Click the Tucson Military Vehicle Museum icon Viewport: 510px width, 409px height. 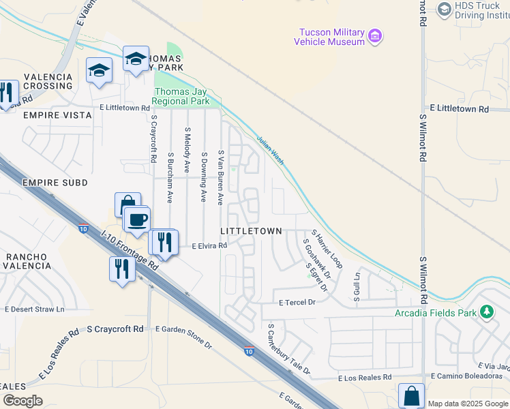(374, 35)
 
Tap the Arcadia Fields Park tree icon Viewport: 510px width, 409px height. (486, 312)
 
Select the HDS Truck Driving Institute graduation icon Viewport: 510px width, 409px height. (445, 8)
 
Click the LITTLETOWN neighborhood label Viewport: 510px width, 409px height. (251, 231)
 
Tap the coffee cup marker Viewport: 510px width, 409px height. (138, 219)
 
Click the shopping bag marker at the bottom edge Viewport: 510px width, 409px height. (412, 395)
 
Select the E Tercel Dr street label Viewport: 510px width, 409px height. (297, 302)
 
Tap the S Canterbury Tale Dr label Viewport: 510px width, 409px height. (288, 349)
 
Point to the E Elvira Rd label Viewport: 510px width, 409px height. (209, 246)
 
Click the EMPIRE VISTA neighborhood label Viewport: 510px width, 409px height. (57, 115)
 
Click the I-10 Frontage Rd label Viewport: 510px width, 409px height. (129, 250)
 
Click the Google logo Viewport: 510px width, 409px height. (22, 401)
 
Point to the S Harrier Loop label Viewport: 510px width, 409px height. (327, 248)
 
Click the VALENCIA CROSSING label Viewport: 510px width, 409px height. (48, 81)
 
